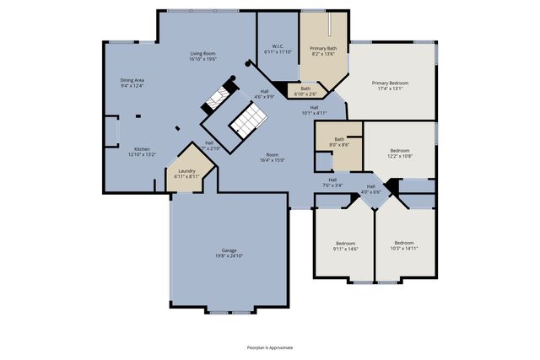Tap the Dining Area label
click(132, 80)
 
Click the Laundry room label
click(186, 171)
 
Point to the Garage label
click(229, 250)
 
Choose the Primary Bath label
click(323, 49)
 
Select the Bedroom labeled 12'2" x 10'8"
click(400, 150)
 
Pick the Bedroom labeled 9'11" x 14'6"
click(344, 243)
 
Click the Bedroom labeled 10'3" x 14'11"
click(404, 243)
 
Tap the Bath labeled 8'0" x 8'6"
click(339, 139)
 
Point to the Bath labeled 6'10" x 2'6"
click(305, 89)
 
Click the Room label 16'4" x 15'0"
click(272, 155)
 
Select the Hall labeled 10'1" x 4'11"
click(314, 107)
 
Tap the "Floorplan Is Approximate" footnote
click(270, 347)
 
